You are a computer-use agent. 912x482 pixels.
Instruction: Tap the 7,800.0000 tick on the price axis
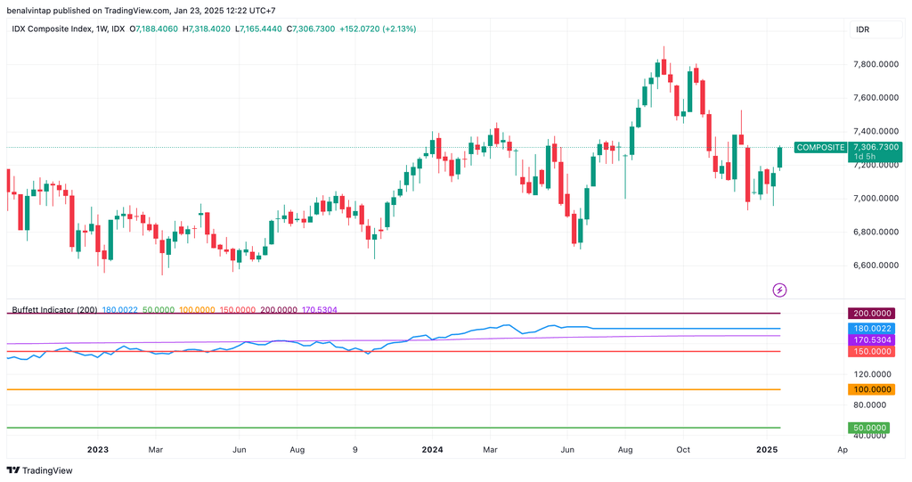875,64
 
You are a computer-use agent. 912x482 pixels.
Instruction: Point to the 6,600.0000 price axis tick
875,266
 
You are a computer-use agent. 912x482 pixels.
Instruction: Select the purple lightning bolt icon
779,290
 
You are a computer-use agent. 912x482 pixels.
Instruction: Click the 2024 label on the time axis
433,450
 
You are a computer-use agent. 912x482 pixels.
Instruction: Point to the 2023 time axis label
97,450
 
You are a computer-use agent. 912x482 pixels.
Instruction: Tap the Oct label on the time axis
683,450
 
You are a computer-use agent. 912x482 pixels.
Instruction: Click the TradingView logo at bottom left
40,470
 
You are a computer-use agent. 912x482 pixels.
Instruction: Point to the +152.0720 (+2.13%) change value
378,29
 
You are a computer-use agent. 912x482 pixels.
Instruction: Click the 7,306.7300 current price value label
876,147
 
